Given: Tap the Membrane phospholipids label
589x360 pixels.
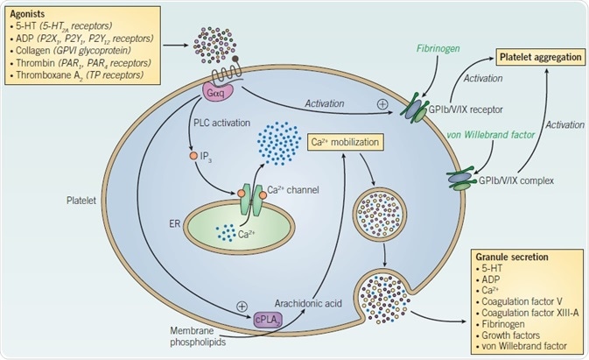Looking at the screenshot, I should tap(197, 337).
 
